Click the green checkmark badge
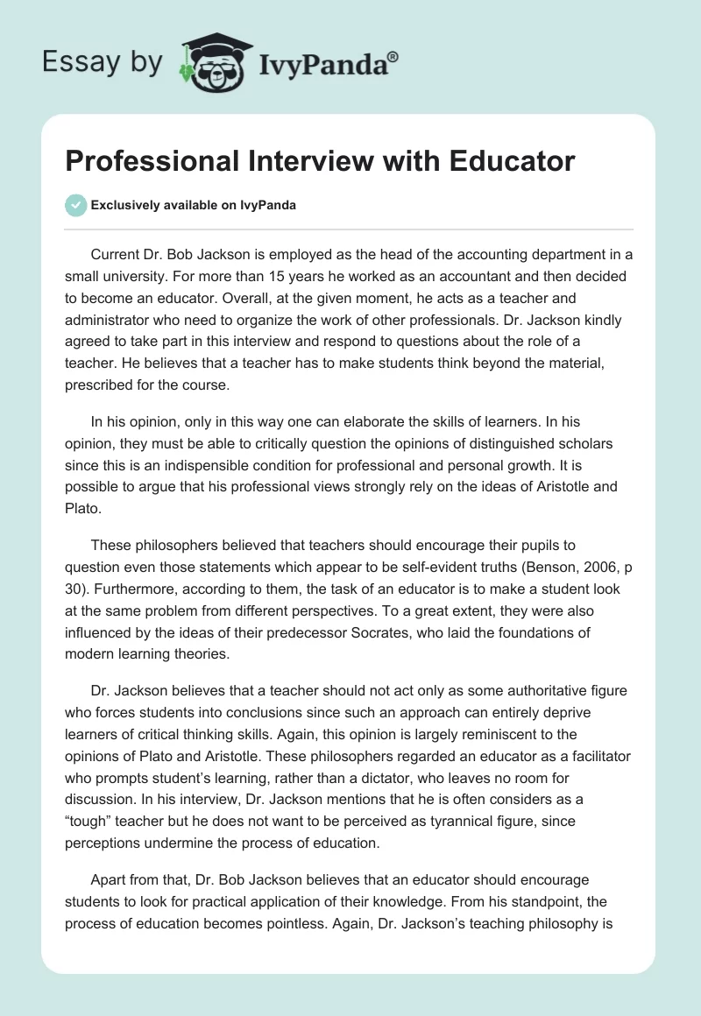[75, 205]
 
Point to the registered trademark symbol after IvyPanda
[393, 55]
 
